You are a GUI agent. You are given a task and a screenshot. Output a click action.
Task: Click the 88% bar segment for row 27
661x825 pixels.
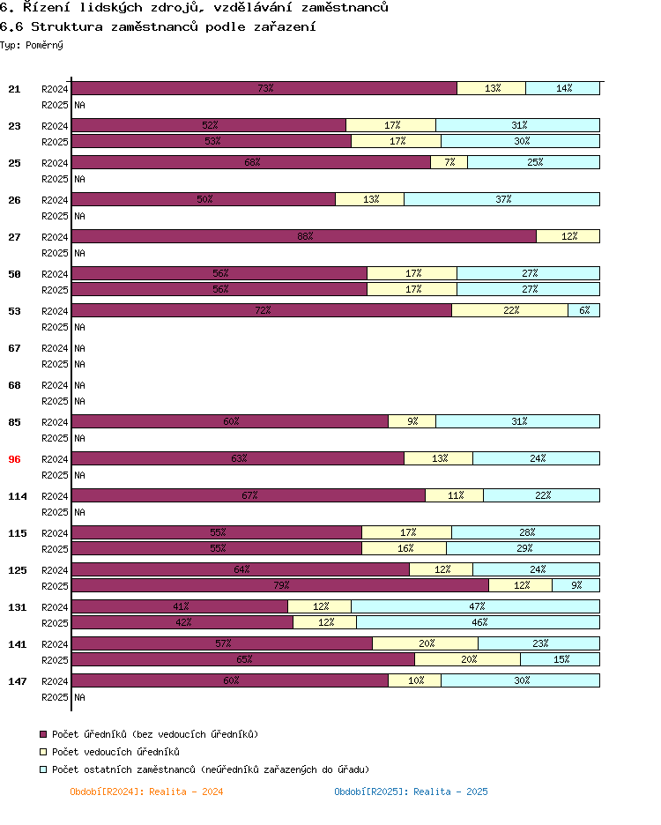304,236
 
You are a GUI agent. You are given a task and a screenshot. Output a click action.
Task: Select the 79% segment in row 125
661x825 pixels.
280,585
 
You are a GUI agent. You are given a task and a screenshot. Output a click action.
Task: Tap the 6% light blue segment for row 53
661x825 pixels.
584,310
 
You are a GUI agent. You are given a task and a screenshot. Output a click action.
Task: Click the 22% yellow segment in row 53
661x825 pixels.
509,310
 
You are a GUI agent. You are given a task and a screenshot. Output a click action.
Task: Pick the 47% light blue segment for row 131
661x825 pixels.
476,606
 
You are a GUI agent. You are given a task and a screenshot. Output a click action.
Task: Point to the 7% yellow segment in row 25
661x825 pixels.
449,162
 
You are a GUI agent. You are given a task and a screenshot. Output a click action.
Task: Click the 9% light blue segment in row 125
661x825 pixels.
576,585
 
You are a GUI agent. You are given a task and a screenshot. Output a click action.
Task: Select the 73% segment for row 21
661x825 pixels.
264,88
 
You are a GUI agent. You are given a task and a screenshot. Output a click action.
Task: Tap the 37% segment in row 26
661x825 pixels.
502,199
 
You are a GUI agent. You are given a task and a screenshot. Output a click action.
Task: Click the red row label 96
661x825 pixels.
14,459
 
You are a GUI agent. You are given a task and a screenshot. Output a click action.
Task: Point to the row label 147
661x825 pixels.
18,681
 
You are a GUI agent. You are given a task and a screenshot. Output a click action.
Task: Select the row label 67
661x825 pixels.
14,348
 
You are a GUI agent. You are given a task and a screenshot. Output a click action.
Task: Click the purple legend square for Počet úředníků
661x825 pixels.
43,734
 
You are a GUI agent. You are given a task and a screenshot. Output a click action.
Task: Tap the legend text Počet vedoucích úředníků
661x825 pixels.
115,752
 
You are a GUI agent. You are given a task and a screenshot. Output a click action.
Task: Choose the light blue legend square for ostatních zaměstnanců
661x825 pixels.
43,769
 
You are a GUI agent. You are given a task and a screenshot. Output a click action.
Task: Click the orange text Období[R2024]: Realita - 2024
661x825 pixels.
146,792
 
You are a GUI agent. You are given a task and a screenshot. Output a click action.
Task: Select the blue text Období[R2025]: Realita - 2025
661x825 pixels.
411,792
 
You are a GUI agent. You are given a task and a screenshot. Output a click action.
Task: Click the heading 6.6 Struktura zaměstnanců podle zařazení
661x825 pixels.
159,26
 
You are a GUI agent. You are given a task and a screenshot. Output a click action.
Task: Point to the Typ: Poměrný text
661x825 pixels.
32,44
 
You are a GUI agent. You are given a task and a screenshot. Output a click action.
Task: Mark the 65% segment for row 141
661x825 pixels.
243,659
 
